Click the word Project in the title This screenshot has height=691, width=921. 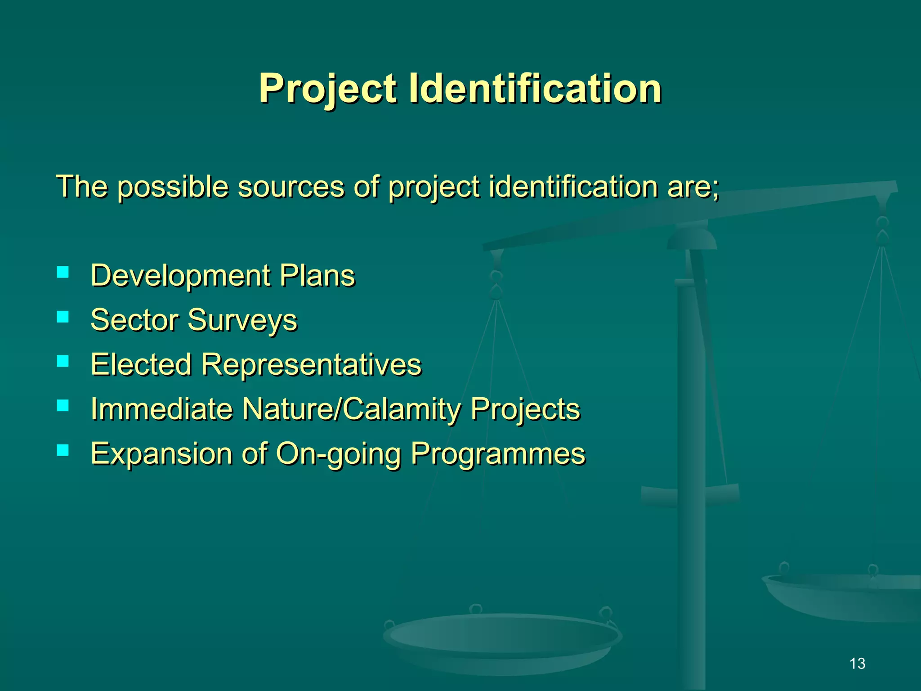[327, 89]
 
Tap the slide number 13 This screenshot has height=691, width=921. [857, 664]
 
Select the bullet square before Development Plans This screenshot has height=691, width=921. [63, 272]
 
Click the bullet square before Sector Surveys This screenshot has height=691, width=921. [63, 317]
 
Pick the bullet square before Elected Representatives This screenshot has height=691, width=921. [63, 361]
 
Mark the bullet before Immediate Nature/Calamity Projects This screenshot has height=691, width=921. [63, 406]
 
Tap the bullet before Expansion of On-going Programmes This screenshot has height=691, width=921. [63, 450]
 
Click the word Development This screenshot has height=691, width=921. [180, 276]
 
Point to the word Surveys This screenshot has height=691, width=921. [242, 320]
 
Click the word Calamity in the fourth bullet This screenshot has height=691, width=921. [402, 409]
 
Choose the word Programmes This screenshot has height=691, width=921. [498, 454]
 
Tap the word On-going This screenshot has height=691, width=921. [338, 454]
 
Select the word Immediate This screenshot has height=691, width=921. [162, 409]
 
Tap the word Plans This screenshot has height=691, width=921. [317, 276]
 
